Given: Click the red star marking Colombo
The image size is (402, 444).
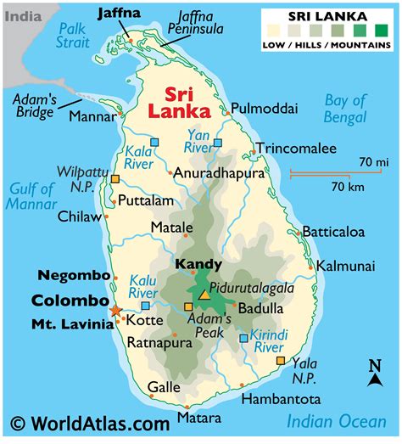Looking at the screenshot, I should (115, 311).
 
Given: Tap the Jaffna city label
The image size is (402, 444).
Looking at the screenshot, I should (120, 13).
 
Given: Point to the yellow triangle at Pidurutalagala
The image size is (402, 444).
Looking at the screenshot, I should (204, 295).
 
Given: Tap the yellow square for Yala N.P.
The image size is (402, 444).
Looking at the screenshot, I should (281, 361).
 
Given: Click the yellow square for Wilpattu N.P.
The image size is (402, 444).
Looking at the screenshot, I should (115, 179).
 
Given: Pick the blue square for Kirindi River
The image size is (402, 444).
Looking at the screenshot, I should (244, 338).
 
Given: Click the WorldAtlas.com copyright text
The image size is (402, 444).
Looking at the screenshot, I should (90, 423).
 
